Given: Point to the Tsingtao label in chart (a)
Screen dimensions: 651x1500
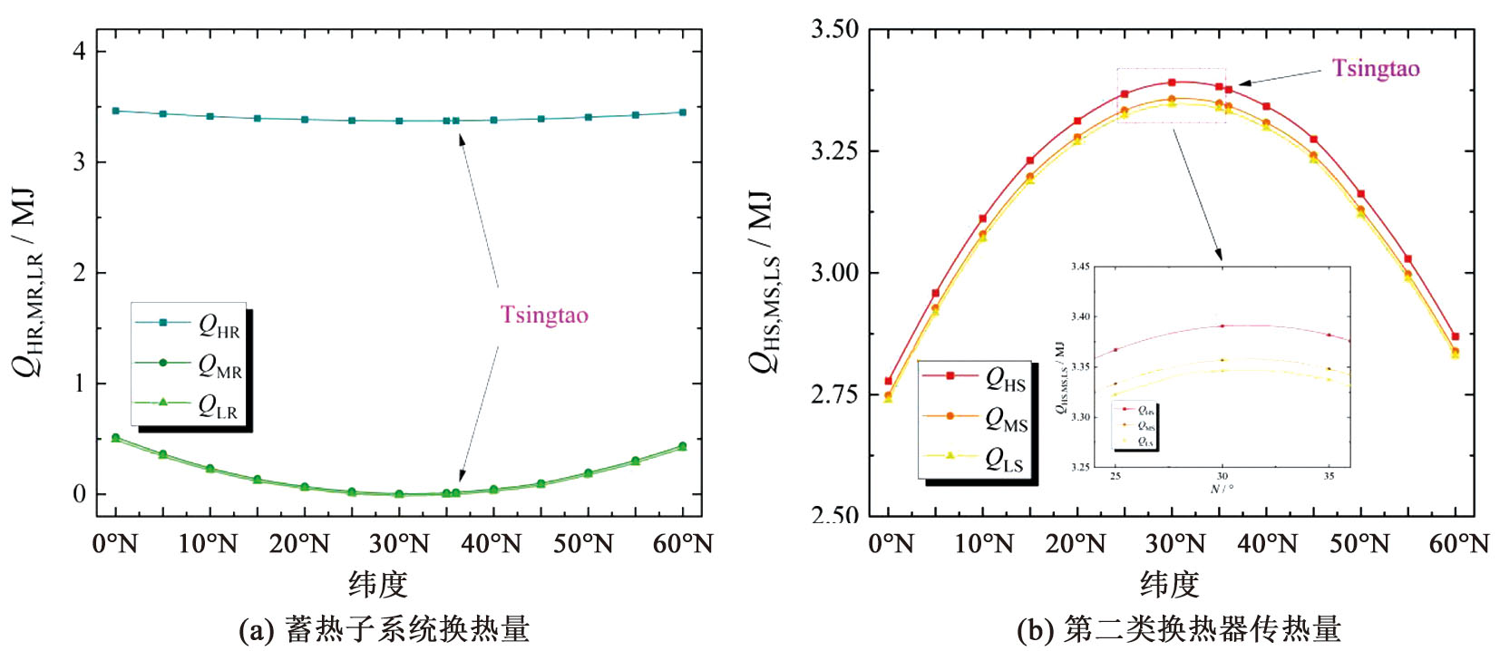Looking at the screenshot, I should pos(544,315).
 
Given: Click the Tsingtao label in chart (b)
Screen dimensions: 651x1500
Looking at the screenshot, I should pos(1375,69).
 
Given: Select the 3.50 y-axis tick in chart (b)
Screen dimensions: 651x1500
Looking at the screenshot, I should pos(834,30).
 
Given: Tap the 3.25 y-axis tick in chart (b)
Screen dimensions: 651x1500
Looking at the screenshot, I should pos(834,151).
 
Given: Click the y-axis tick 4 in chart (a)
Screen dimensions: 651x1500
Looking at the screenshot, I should pos(79,51).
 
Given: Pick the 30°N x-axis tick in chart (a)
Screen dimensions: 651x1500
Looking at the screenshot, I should pos(399,544).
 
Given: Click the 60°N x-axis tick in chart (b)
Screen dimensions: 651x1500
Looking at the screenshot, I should pos(1458,544).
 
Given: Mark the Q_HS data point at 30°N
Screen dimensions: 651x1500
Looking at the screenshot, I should pos(1172,83).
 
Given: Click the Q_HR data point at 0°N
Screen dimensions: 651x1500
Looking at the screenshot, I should pos(115,111).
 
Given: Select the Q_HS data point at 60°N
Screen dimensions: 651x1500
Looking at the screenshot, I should pos(1456,336).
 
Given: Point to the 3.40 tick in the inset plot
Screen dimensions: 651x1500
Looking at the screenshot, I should pos(1079,316).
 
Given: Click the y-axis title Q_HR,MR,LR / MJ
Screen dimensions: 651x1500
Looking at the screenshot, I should pos(27,281).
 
